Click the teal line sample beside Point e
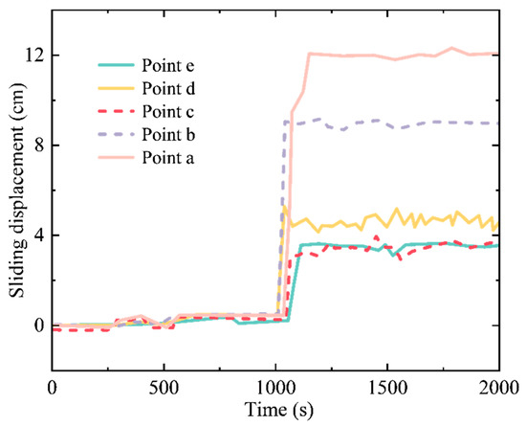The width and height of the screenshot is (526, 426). point(120,66)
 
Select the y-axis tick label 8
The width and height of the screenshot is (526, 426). point(37,146)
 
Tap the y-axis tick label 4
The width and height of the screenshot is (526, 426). point(37,235)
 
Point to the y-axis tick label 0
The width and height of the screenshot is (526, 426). point(37,325)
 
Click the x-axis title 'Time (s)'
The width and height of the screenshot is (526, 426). point(275,410)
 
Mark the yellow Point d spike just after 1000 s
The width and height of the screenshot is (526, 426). point(284,207)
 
